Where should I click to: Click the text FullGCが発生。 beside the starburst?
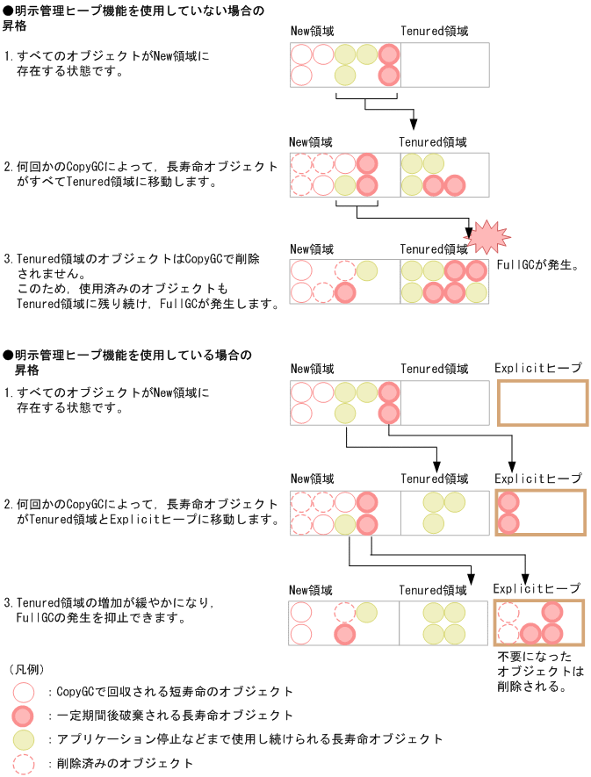click(537, 263)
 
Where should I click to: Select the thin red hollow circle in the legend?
click(25, 693)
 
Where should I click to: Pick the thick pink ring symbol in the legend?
click(25, 716)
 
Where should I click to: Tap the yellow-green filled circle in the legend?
click(25, 740)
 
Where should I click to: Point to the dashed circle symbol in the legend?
click(25, 764)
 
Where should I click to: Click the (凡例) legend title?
click(26, 670)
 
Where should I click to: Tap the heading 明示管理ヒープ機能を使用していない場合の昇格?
click(128, 18)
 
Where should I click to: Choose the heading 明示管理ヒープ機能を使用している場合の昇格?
click(126, 362)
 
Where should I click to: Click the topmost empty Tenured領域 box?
click(444, 65)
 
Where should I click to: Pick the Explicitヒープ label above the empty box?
click(537, 369)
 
